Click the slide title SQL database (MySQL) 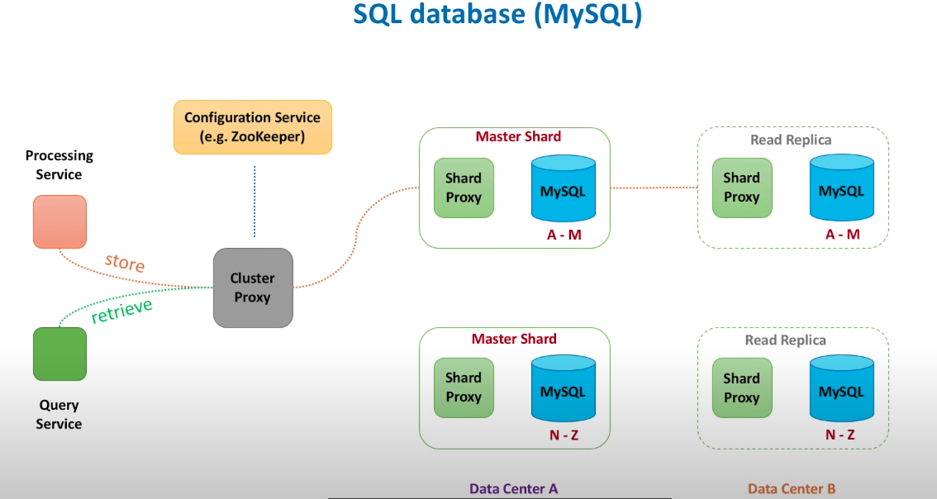tap(497, 16)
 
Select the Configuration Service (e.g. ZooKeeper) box tap(252, 127)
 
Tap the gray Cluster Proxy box tap(253, 288)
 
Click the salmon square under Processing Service tap(59, 221)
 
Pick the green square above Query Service tap(59, 354)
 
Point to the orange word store tap(125, 263)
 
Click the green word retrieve tap(121, 311)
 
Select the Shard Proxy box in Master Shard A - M tap(464, 188)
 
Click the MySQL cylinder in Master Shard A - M tap(563, 188)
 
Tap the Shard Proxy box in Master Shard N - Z tap(464, 387)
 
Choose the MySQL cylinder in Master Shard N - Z tap(563, 389)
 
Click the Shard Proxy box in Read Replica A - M tap(741, 188)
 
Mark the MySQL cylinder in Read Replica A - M tap(841, 188)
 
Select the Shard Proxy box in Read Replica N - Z tap(741, 388)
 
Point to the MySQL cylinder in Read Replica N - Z tap(841, 389)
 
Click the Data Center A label tap(514, 488)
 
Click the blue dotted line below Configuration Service tap(254, 201)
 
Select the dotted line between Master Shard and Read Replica tap(653, 188)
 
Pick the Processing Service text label tap(59, 165)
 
